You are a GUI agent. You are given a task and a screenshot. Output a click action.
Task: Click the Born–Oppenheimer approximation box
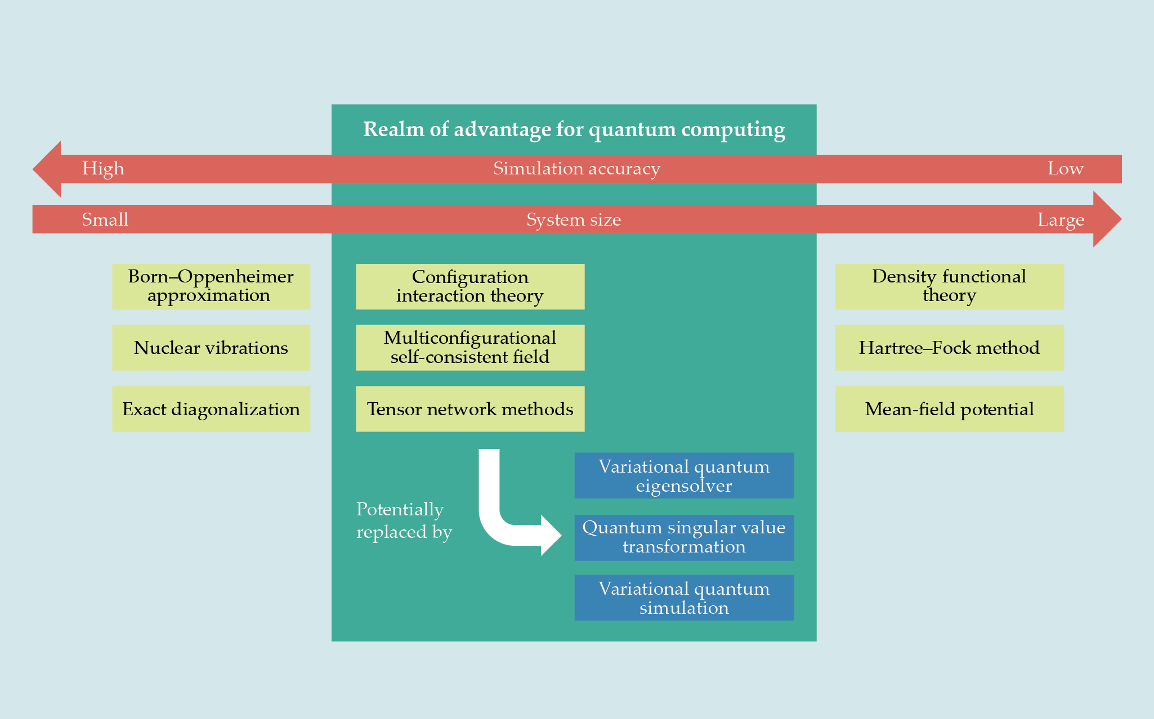pos(211,286)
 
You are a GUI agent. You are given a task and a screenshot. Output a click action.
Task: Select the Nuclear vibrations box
pos(211,348)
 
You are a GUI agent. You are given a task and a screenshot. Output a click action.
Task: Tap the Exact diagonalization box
pos(211,409)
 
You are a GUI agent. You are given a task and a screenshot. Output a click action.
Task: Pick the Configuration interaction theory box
pos(470,286)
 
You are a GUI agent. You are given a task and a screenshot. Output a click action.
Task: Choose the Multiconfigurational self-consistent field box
pos(470,348)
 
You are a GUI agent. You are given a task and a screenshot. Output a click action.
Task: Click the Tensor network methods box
pos(470,409)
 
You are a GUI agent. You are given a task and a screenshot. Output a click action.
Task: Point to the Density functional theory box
pos(949,286)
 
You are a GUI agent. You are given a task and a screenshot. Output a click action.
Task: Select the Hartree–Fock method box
pos(949,348)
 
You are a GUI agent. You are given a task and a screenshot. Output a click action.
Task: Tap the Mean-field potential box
pos(949,409)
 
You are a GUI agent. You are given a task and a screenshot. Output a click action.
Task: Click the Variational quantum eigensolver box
pos(684,475)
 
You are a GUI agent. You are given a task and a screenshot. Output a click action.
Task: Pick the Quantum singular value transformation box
pos(684,537)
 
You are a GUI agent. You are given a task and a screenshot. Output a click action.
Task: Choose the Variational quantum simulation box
pos(684,597)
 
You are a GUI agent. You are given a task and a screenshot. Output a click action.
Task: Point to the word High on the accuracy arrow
pos(103,169)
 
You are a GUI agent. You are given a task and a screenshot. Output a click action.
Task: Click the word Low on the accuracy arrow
pos(1065,169)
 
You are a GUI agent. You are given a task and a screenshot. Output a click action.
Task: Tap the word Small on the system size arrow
pos(105,219)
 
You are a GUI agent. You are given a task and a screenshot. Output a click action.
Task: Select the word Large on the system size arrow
pos(1061,219)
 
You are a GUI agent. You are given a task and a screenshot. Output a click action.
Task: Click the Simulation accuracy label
pos(576,169)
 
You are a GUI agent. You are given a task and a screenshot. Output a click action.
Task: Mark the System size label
pos(574,219)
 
